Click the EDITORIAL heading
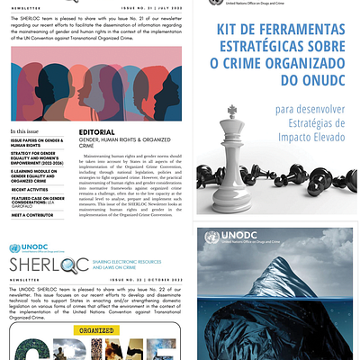point(97,133)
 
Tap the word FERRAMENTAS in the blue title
point(283,30)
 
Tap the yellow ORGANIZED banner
point(98,331)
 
